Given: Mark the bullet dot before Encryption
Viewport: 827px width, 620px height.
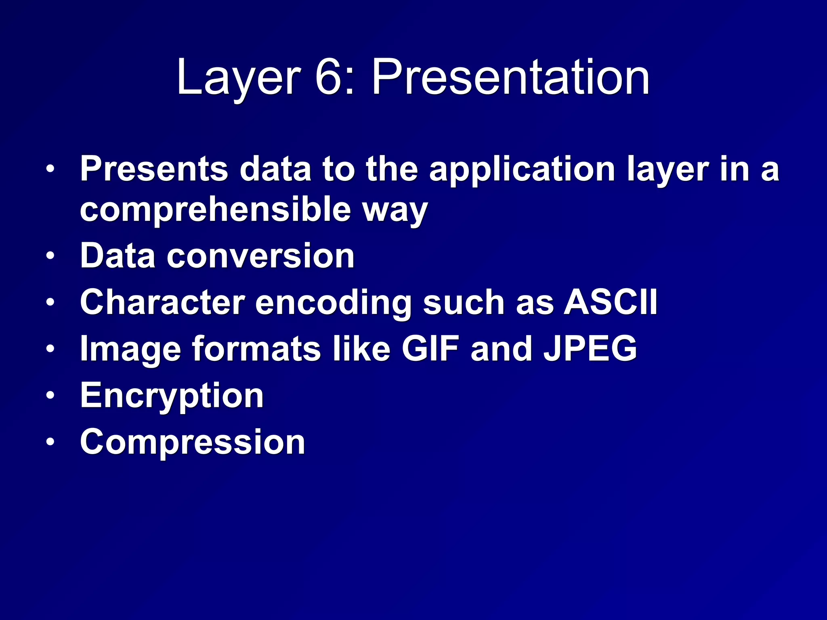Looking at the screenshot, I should [x=50, y=395].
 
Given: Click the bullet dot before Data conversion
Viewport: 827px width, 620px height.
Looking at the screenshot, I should [x=50, y=256].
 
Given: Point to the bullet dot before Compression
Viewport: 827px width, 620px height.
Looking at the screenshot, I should [x=50, y=442].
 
